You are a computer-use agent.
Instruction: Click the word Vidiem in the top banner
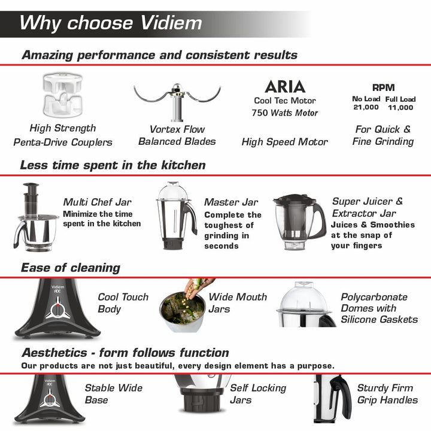click(x=171, y=23)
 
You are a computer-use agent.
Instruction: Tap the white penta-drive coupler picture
click(x=63, y=95)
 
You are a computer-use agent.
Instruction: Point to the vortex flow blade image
click(x=177, y=102)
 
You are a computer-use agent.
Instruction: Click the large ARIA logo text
click(x=285, y=87)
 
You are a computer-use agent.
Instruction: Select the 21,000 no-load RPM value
click(x=366, y=107)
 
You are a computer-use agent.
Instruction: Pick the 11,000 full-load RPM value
click(x=400, y=108)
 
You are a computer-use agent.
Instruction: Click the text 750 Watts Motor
click(x=285, y=113)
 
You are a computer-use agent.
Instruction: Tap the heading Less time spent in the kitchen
click(x=113, y=165)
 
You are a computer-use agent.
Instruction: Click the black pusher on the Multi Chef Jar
click(x=31, y=199)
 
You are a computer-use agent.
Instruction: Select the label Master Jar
click(x=231, y=202)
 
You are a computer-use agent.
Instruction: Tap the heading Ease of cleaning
click(x=71, y=268)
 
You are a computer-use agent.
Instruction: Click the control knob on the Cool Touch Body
click(x=58, y=311)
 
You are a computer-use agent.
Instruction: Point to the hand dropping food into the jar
click(x=198, y=288)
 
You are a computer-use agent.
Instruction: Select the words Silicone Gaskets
click(x=380, y=320)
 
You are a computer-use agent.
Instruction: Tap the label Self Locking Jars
click(x=258, y=394)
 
